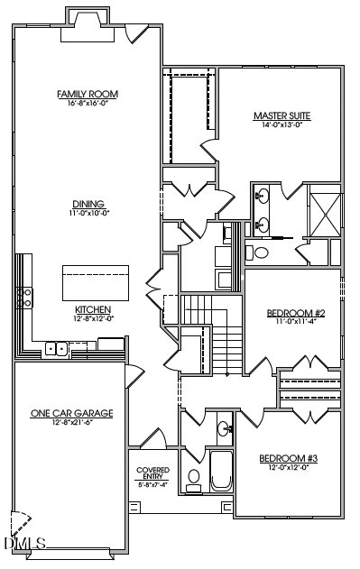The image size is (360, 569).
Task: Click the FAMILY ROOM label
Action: pyautogui.click(x=88, y=94)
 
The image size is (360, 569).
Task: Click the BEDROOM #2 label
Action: pyautogui.click(x=290, y=314)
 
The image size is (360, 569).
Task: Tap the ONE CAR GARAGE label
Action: pyautogui.click(x=72, y=413)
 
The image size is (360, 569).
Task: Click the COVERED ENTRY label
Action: pyautogui.click(x=152, y=473)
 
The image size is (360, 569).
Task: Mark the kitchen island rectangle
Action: pyautogui.click(x=95, y=284)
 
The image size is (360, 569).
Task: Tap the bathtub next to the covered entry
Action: pyautogui.click(x=220, y=472)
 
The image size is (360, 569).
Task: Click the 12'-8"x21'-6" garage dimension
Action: pyautogui.click(x=72, y=423)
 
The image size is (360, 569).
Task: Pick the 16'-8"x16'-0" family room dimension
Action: pyautogui.click(x=88, y=104)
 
